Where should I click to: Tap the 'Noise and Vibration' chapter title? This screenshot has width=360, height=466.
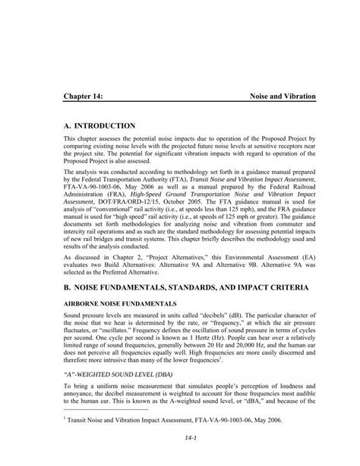283,98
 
